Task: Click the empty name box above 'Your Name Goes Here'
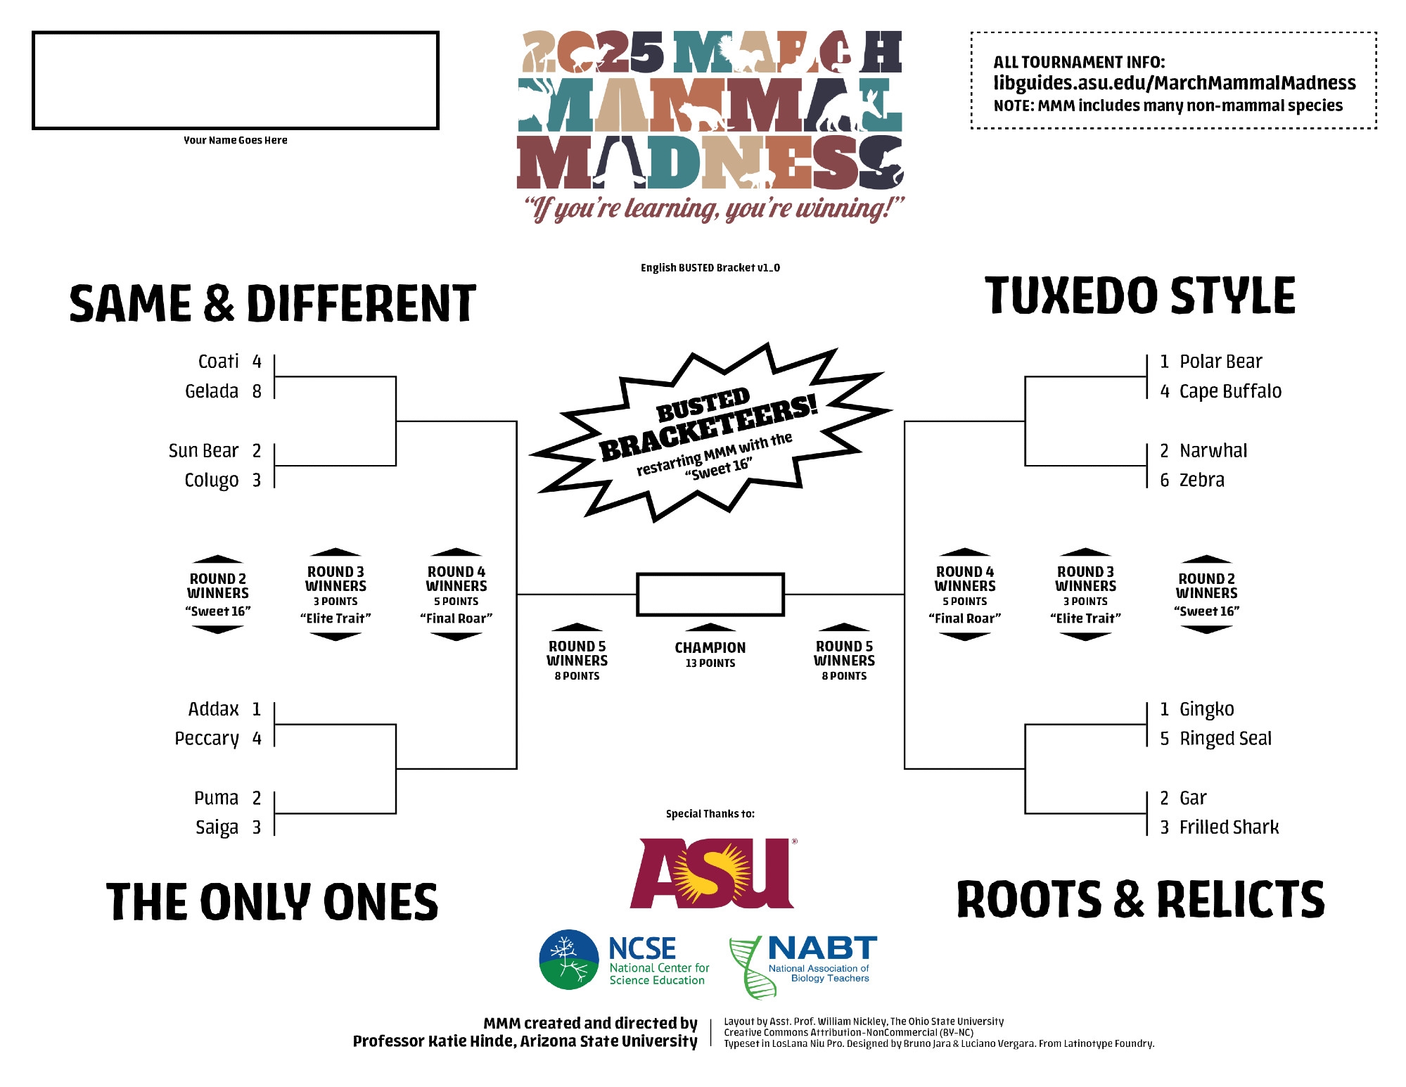(x=236, y=80)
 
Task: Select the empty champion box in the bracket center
(x=710, y=595)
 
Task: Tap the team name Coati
(x=218, y=362)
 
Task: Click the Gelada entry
(x=211, y=391)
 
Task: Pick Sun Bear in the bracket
(x=203, y=450)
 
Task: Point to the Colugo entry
(x=211, y=480)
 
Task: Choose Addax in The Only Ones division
(x=213, y=709)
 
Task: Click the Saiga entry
(x=217, y=827)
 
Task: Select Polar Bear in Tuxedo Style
(x=1220, y=362)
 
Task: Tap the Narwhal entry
(x=1213, y=450)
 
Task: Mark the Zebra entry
(x=1201, y=480)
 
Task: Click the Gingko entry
(x=1206, y=709)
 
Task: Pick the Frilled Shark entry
(x=1229, y=827)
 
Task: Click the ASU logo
(x=712, y=872)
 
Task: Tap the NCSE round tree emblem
(x=569, y=960)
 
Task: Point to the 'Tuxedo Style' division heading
(x=1139, y=295)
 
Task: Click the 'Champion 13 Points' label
(x=710, y=654)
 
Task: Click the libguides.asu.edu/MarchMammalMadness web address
(x=1174, y=83)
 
